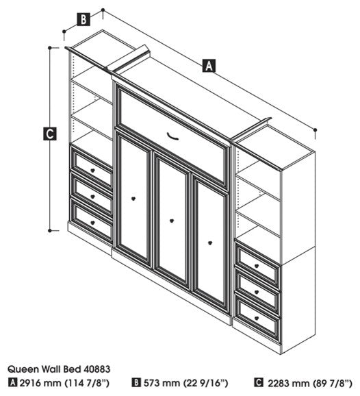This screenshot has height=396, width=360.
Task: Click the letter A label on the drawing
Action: [209, 66]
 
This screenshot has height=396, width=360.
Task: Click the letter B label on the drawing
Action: [83, 19]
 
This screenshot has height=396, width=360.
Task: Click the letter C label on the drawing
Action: [50, 134]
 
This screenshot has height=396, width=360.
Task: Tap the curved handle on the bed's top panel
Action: [172, 136]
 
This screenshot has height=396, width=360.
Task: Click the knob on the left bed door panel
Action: [133, 199]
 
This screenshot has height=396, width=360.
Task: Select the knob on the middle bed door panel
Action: [172, 221]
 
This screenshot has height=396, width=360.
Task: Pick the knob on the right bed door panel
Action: [210, 243]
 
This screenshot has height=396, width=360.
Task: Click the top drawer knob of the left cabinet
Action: [92, 171]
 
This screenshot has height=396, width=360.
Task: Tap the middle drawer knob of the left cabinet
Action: [92, 197]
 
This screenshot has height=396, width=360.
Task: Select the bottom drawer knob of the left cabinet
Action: [92, 223]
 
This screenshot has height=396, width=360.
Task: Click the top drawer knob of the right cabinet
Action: [257, 266]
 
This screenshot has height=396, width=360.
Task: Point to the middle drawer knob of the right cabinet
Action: [257, 292]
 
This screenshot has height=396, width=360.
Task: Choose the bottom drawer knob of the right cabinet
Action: [257, 318]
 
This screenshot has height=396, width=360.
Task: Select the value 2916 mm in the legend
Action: [40, 383]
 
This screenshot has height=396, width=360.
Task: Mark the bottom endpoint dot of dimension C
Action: [50, 231]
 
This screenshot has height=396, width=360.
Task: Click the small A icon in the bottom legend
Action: [12, 383]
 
